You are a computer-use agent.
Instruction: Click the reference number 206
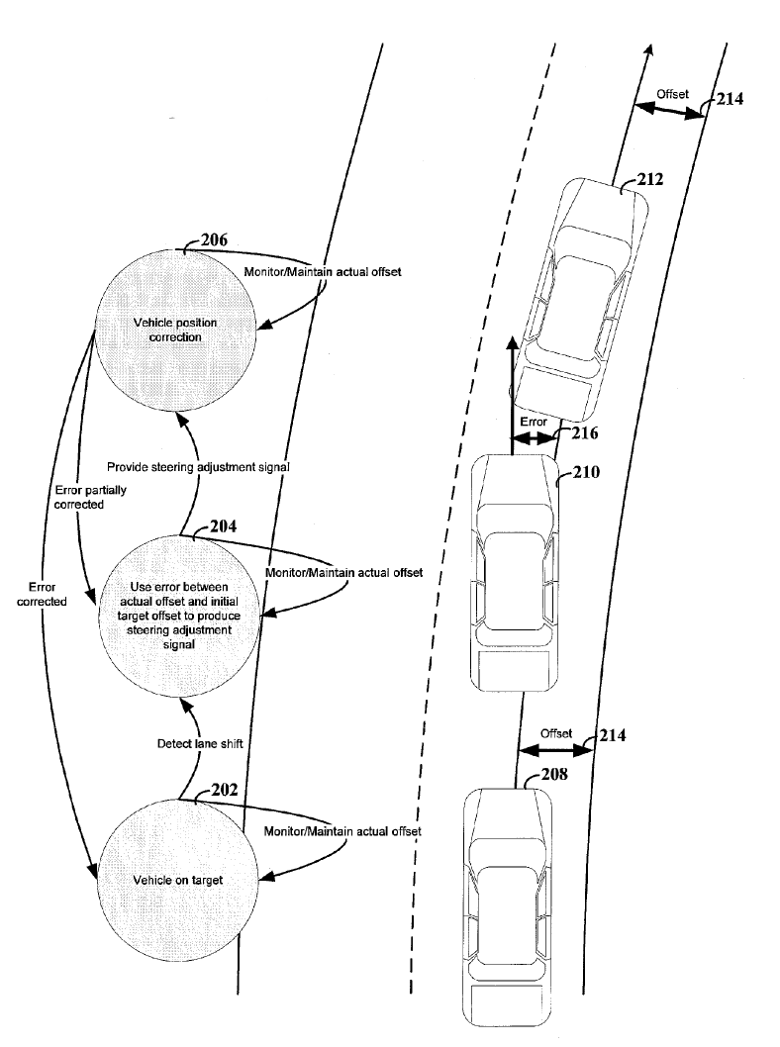(x=214, y=240)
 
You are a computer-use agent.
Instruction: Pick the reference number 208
(x=554, y=775)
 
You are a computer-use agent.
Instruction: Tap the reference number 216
(x=586, y=432)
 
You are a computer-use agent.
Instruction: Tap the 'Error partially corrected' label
(x=76, y=497)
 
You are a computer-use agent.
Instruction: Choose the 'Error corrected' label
(x=42, y=594)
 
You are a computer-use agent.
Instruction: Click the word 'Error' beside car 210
(x=533, y=421)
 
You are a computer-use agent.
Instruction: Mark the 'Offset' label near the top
(x=672, y=94)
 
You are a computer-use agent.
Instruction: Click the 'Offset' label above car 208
(x=556, y=733)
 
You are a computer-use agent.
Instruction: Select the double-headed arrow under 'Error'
(x=534, y=436)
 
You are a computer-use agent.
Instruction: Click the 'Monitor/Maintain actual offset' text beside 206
(x=322, y=271)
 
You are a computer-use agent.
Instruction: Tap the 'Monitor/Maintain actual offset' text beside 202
(x=342, y=831)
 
